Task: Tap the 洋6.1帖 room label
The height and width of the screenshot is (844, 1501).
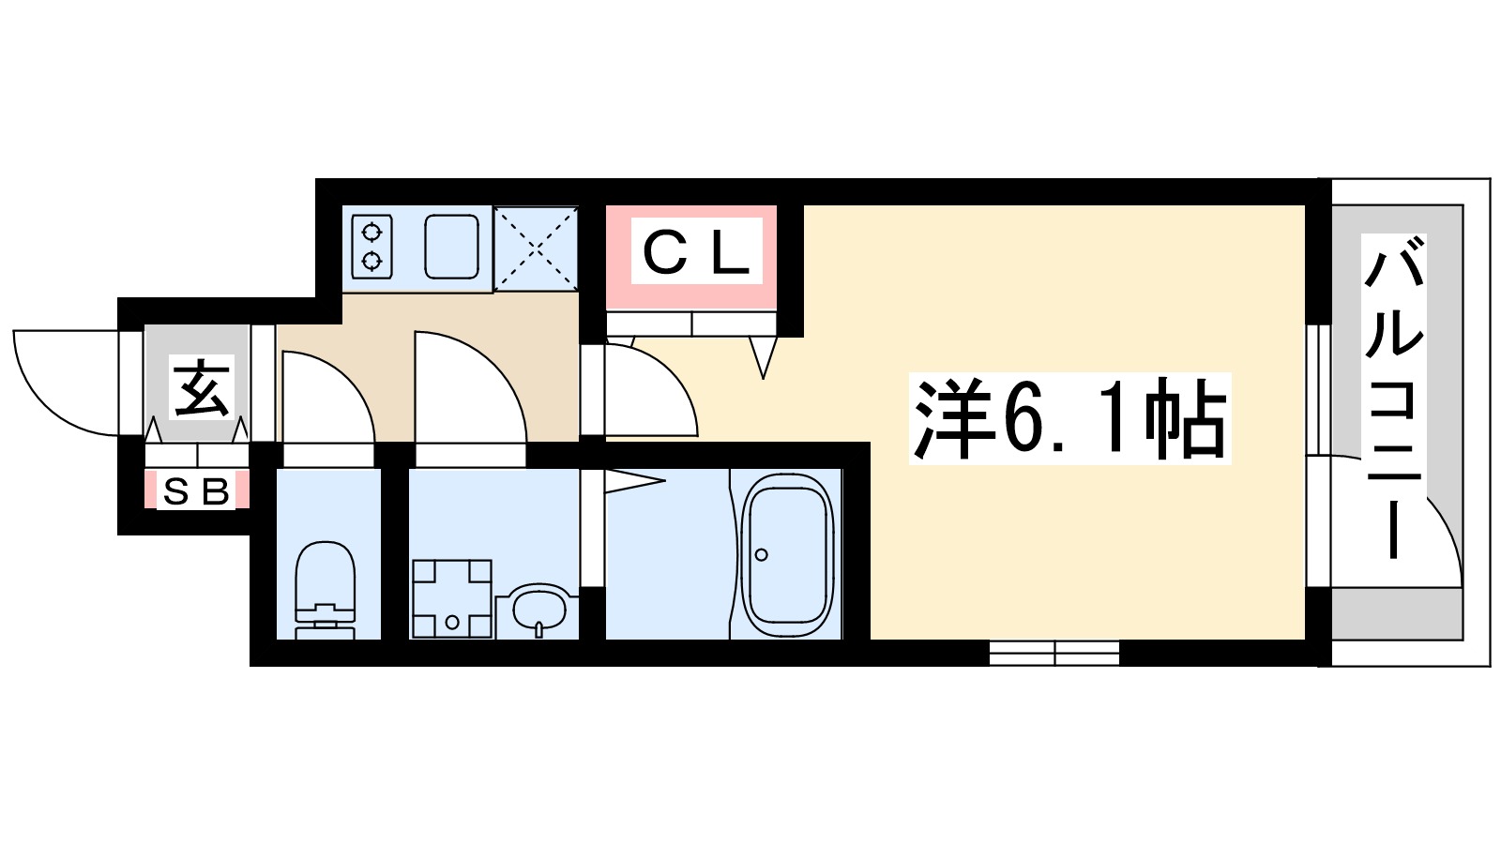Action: [1069, 418]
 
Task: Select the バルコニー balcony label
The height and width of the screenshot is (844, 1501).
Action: [1394, 399]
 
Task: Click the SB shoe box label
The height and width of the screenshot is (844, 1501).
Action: [196, 491]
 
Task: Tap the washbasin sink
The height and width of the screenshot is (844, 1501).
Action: [539, 610]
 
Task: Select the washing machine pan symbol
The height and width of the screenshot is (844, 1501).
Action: [452, 598]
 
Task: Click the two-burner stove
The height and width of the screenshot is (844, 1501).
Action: [371, 246]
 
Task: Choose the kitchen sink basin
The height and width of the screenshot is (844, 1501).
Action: [452, 247]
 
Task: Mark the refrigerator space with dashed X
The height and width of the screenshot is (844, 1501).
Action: [536, 248]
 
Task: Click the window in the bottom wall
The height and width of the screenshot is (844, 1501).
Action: [1054, 653]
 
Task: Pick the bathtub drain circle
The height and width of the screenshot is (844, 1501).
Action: [762, 555]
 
